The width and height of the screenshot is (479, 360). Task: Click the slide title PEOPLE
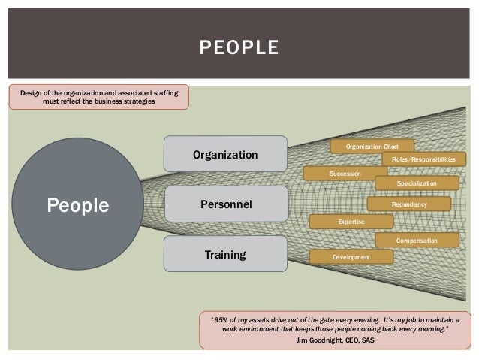click(239, 50)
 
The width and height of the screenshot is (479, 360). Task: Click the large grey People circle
click(78, 205)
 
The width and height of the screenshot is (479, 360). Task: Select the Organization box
click(225, 155)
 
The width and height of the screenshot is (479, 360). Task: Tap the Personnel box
click(225, 204)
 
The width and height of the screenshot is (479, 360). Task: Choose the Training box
click(225, 255)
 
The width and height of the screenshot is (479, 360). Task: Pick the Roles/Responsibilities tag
click(423, 159)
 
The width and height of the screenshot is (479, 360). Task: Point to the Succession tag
click(345, 174)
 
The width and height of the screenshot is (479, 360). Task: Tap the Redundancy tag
click(408, 204)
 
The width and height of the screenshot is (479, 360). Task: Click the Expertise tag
click(351, 222)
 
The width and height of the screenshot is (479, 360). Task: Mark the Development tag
click(351, 257)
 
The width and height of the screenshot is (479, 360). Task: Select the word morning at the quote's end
click(429, 329)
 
